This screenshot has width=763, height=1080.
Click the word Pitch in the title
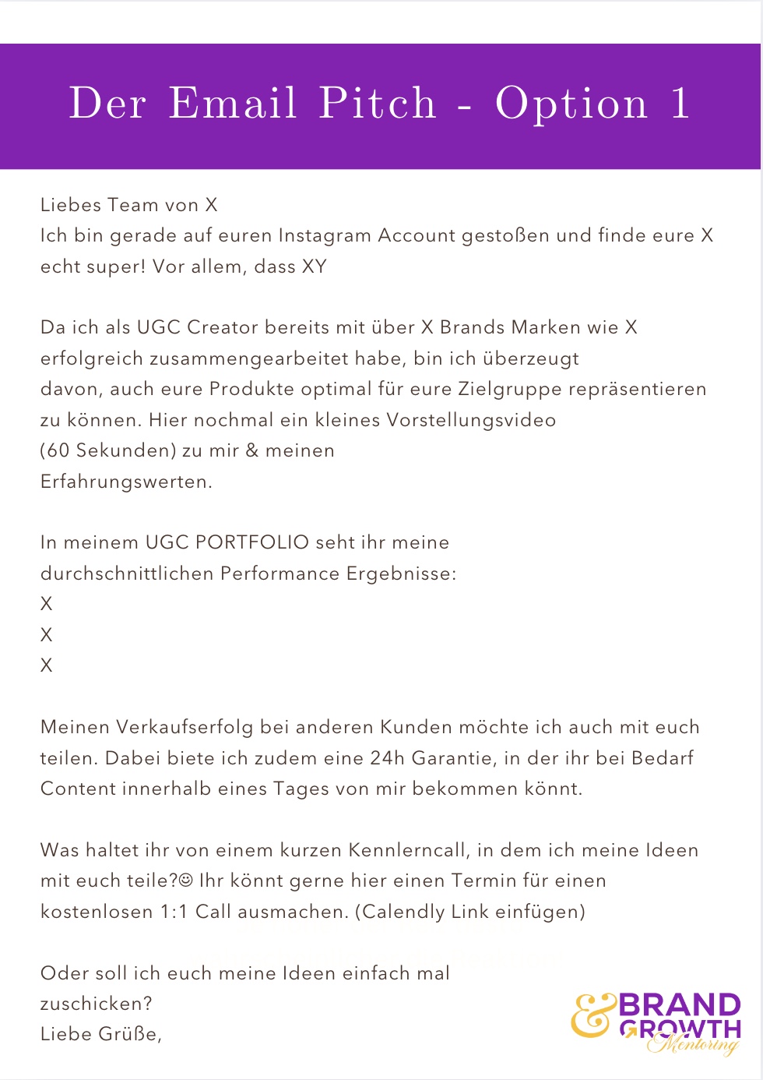[378, 104]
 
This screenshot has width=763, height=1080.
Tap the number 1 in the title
[680, 104]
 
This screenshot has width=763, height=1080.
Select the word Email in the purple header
[233, 104]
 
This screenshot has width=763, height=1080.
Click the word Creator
[223, 327]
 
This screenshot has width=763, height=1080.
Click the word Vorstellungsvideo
[471, 420]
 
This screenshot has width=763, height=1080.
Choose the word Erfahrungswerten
[126, 482]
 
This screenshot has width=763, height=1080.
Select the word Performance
[280, 574]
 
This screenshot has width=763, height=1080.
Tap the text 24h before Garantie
[387, 758]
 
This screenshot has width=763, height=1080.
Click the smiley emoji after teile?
[186, 881]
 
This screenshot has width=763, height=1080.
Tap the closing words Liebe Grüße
[100, 1034]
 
